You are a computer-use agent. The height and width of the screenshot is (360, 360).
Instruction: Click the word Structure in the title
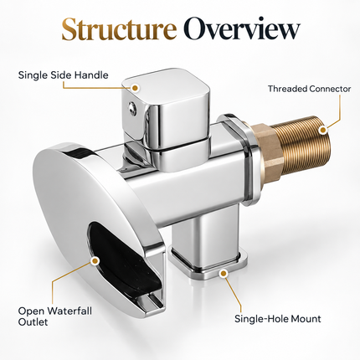(119, 29)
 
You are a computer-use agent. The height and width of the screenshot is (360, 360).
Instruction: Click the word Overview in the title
(242, 29)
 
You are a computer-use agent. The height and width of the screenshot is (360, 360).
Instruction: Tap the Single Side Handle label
(63, 75)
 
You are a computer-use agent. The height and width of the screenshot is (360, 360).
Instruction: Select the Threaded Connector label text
(309, 89)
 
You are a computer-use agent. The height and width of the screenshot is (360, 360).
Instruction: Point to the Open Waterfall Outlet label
(54, 316)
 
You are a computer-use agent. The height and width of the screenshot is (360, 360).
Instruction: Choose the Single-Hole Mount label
(278, 319)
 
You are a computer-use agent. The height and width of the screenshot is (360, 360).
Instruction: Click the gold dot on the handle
(135, 88)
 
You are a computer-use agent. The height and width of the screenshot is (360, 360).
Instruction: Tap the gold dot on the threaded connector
(323, 130)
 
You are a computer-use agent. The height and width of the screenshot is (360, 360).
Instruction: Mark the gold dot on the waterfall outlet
(95, 260)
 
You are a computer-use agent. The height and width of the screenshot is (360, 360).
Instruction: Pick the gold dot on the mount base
(223, 274)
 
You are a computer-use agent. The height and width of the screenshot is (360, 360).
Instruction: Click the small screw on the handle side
(131, 108)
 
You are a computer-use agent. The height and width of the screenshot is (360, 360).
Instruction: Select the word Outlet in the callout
(33, 322)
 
